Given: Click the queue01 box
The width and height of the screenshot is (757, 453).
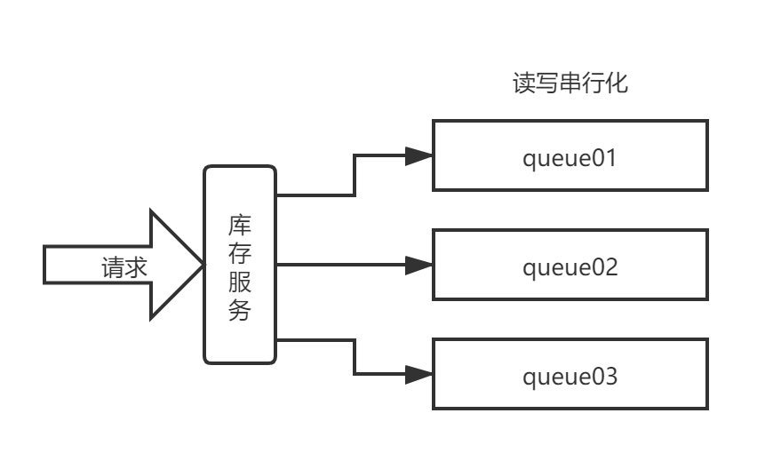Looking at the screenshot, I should point(570,156).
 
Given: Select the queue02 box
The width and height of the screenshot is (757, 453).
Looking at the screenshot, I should point(570,266).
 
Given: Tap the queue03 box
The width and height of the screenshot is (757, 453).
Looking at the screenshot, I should point(570,374).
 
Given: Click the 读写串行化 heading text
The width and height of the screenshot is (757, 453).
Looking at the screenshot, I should point(570,83).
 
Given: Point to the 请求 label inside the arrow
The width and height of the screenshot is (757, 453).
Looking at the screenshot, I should point(124,267).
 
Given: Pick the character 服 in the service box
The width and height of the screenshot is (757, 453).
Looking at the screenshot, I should point(240,282).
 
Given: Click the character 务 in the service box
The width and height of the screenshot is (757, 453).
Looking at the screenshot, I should point(240,311).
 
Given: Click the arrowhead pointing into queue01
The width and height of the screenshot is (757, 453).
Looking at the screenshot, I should point(418,156).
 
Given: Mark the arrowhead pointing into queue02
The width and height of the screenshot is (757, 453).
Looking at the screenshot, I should point(418,265).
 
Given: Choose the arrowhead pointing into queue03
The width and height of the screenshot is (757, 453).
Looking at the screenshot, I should point(418,374).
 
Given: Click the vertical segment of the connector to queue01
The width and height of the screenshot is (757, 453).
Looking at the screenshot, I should point(355,175).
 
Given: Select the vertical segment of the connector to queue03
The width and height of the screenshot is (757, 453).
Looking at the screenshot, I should point(355,357).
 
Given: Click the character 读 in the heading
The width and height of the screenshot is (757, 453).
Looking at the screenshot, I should point(525,83).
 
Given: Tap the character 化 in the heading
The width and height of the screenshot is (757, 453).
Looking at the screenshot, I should point(617,83).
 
